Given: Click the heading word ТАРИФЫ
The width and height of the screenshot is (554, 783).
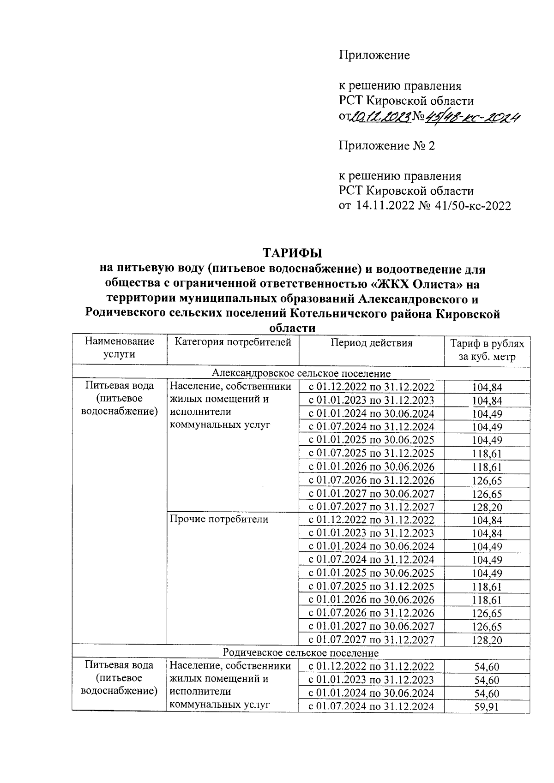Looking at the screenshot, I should click(x=292, y=253).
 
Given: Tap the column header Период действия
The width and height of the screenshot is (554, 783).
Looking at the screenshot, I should click(x=372, y=342).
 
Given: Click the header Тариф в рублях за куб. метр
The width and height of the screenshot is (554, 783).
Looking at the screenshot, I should click(x=487, y=350).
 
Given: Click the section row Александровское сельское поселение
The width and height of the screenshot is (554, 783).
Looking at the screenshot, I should click(x=301, y=373).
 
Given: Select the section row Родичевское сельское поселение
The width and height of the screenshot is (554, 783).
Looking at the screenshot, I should click(x=301, y=652).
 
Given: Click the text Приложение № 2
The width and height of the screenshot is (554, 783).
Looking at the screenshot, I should click(x=387, y=146).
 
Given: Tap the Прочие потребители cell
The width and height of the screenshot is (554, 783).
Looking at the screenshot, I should click(x=219, y=520).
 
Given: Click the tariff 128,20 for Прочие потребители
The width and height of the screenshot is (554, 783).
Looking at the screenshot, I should click(x=487, y=640).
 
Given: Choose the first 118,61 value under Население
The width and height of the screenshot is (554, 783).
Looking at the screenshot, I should click(x=487, y=454).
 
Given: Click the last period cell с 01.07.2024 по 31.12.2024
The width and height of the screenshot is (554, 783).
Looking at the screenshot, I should click(x=371, y=706).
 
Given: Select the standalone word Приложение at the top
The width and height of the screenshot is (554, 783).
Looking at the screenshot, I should click(x=374, y=55).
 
